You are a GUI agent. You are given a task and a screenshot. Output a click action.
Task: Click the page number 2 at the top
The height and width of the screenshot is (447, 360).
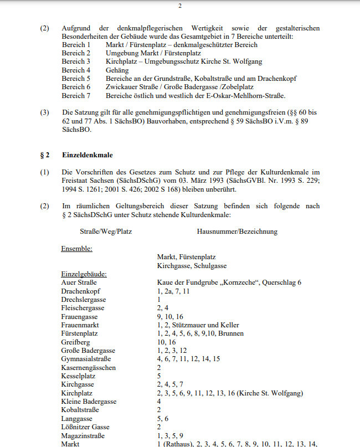179,6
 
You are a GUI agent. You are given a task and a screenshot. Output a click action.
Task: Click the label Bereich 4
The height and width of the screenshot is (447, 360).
76,70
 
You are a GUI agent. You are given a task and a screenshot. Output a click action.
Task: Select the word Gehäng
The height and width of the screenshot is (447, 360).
117,70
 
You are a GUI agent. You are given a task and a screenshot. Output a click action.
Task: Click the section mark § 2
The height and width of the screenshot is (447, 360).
44,155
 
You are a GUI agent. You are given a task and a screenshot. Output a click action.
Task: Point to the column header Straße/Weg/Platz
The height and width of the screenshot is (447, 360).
106,231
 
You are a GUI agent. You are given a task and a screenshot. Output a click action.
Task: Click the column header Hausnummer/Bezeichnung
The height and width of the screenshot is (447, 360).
237,231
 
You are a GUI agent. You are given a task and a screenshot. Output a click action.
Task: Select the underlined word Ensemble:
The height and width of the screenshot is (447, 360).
76,248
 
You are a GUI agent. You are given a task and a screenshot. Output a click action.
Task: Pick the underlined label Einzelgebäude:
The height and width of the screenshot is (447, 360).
84,274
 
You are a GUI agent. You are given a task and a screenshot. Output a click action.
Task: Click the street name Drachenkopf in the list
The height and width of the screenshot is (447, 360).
81,291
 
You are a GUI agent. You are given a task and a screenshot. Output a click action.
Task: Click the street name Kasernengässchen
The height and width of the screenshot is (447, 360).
89,368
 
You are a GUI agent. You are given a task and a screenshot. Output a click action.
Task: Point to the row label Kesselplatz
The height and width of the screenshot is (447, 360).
79,376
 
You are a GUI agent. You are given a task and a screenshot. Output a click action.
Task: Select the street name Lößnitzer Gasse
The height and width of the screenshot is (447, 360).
85,427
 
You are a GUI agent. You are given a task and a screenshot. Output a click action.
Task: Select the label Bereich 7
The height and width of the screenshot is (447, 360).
76,96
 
